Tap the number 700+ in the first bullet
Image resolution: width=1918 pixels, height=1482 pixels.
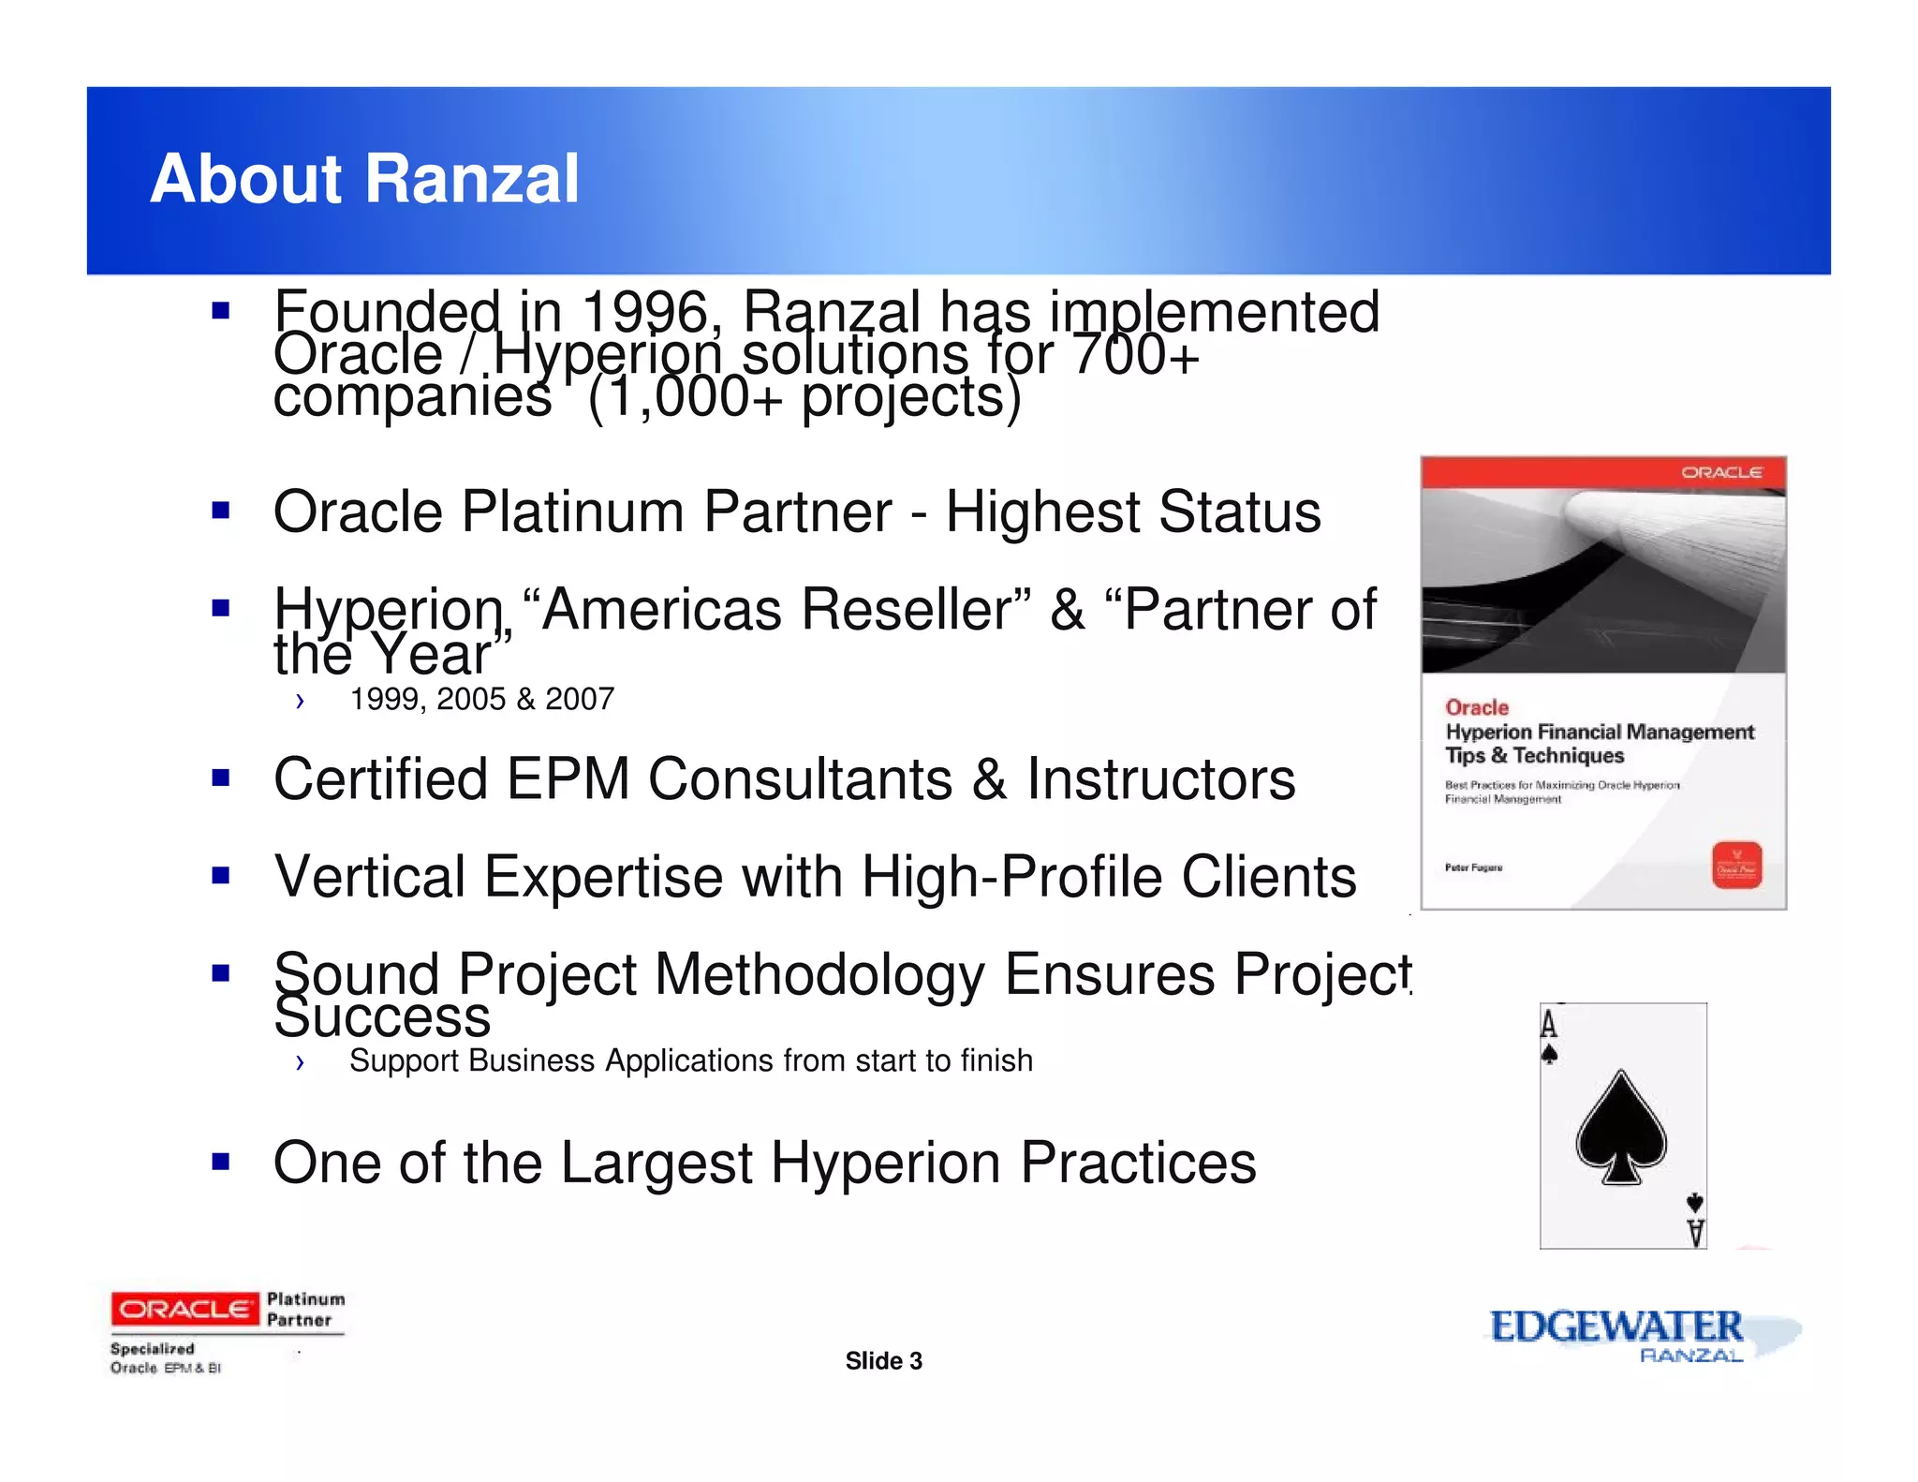coord(1135,354)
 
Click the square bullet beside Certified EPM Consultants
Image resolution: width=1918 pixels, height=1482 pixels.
coord(221,778)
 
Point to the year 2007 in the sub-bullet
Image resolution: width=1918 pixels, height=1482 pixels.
coord(579,699)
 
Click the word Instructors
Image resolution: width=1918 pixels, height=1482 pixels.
coord(1160,779)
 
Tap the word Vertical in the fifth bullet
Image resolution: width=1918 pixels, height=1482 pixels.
coord(370,877)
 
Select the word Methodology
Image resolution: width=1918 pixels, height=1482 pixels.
coord(819,974)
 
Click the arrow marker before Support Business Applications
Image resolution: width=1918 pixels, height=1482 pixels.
coord(300,1061)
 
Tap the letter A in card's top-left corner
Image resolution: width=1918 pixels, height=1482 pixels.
coord(1549,1025)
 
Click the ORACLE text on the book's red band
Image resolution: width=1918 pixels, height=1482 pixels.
coord(1721,472)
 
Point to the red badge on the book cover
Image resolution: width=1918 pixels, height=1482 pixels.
coord(1736,865)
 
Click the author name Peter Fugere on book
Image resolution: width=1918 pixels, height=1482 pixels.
coord(1473,867)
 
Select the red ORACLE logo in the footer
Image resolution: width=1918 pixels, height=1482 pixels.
coord(184,1309)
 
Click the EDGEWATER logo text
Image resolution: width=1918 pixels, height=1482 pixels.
coord(1616,1326)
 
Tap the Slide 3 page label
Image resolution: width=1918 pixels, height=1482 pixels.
coord(883,1361)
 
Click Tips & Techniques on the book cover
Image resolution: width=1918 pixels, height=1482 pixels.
coord(1534,756)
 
